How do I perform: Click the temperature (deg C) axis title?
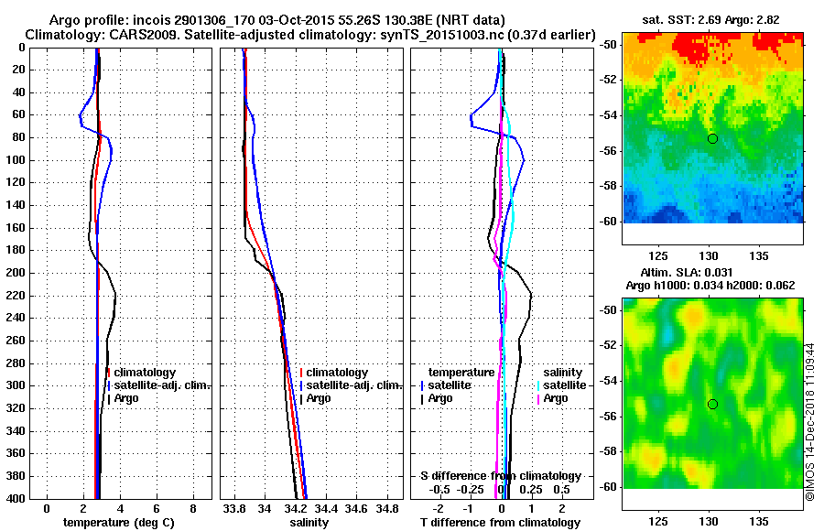[x=118, y=522]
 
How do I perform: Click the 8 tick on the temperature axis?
[x=192, y=507]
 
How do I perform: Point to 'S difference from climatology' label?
[x=501, y=476]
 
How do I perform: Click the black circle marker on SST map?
[x=712, y=138]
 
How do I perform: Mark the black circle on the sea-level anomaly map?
[x=712, y=404]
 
